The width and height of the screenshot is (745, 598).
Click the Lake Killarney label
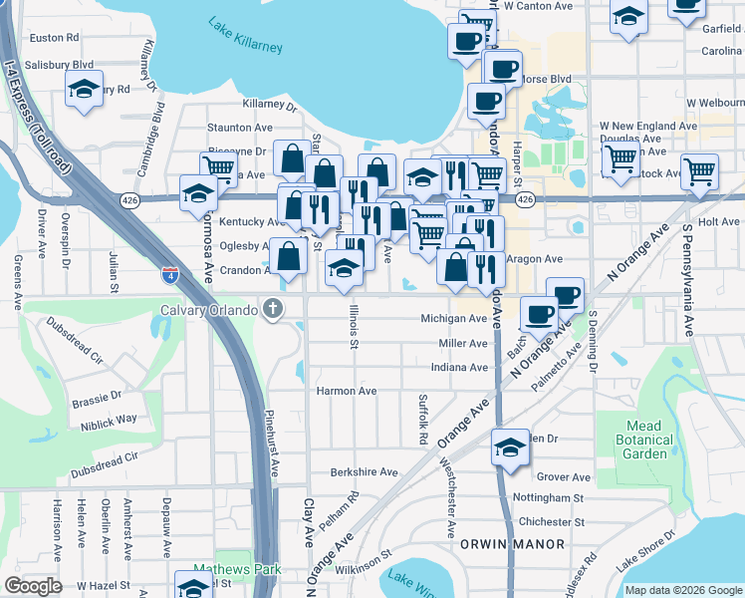point(245,35)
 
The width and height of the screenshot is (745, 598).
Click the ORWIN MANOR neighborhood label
point(512,544)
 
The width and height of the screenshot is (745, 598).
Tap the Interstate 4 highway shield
point(171,276)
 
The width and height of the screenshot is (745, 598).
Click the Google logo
point(33,586)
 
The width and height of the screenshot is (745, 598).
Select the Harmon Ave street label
point(347,391)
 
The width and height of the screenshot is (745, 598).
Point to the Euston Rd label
point(55,38)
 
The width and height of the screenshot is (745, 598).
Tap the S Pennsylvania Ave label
point(687,279)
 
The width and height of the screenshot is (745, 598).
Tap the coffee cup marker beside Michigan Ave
point(539,314)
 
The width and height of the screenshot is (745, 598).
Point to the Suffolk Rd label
point(422,419)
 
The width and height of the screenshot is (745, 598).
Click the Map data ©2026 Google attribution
point(681,590)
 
